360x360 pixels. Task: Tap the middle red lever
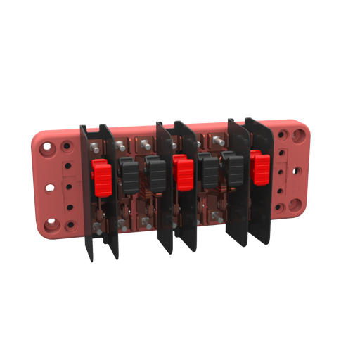pyautogui.click(x=184, y=174)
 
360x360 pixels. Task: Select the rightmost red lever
pyautogui.click(x=261, y=166)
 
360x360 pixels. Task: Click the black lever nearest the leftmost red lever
pyautogui.click(x=128, y=174)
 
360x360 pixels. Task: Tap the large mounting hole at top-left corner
pyautogui.click(x=48, y=150)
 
